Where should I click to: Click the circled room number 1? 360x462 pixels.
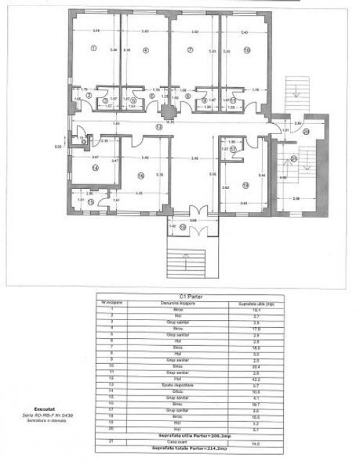click(93, 48)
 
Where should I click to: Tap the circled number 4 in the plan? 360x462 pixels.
click(145, 50)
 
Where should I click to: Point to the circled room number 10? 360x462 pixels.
click(246, 50)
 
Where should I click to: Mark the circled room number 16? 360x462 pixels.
click(141, 176)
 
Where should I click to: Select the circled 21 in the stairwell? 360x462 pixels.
click(294, 159)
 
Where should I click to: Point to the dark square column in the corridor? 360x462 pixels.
click(168, 110)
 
